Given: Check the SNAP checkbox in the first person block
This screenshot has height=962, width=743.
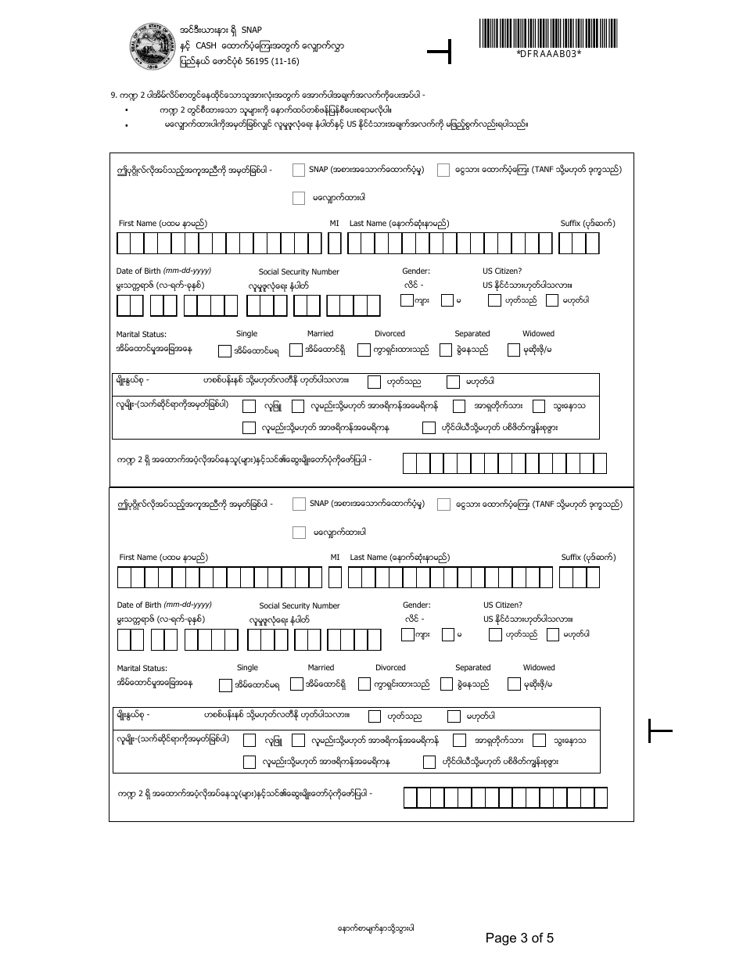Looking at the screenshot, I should click(299, 170).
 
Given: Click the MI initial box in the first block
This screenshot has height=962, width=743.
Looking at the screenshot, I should click(334, 245).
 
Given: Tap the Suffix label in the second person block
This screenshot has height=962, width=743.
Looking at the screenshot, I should click(588, 558).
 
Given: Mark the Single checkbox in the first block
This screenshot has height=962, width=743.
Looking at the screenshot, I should click(224, 350).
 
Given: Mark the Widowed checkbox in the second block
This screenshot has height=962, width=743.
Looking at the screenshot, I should click(515, 684).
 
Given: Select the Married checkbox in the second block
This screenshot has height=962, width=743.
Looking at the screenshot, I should click(296, 684).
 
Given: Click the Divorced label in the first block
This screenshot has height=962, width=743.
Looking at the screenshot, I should click(389, 333).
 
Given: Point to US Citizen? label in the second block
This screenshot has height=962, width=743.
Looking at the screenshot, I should click(503, 605).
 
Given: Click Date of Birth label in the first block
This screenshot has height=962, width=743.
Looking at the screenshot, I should click(163, 271).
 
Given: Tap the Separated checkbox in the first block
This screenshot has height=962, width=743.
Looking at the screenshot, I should click(446, 350).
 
